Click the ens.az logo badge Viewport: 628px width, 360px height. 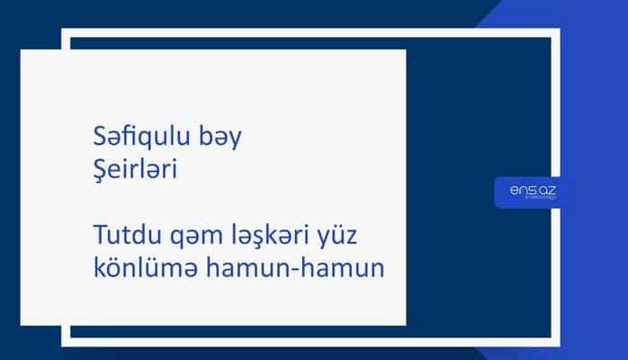tap(531, 192)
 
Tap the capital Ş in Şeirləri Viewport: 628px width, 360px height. tap(100, 170)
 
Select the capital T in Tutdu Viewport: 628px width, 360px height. tap(100, 237)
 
